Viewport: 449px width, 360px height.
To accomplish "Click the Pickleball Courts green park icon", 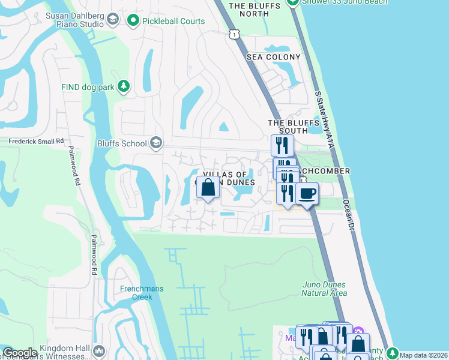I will tap(133, 21).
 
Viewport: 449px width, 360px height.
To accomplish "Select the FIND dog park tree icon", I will tap(124, 87).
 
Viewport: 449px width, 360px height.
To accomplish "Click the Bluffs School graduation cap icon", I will tap(156, 143).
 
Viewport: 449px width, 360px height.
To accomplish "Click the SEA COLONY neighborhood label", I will tap(273, 57).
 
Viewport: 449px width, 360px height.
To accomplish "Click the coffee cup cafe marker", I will tap(307, 193).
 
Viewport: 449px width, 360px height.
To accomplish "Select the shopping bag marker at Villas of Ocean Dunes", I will tap(208, 188).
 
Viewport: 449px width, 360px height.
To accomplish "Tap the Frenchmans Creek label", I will tap(142, 293).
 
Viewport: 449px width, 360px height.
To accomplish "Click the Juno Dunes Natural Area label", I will tap(324, 289).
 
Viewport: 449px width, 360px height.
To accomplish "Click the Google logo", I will tap(20, 353).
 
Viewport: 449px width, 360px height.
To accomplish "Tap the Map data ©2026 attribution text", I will tap(423, 355).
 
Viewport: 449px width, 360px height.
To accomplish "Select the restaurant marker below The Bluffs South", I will tap(282, 145).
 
